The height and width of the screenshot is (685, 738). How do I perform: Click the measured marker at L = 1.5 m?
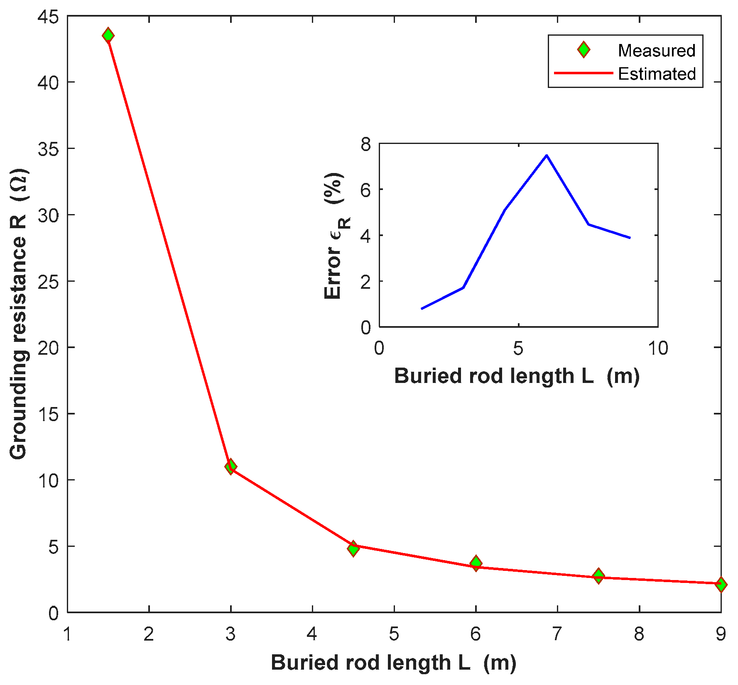pos(108,35)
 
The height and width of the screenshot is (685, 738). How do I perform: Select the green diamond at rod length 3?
pos(230,466)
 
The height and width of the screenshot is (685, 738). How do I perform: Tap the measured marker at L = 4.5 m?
pos(353,548)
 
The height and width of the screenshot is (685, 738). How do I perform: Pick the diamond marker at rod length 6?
pos(476,563)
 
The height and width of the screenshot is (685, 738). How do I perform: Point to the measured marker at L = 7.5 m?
pos(598,576)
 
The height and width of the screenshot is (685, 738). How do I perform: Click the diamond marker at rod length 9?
pos(721,585)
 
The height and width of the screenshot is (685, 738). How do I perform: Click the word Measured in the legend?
pos(656,51)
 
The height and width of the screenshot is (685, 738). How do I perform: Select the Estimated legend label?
pos(657,74)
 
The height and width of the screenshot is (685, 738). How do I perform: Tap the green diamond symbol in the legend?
pos(584,50)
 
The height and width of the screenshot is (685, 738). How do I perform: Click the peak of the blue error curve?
pos(547,155)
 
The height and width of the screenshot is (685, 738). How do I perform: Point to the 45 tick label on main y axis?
pos(48,17)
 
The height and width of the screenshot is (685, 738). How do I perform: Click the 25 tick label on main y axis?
pos(48,281)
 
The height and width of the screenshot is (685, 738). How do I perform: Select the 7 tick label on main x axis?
pos(557,634)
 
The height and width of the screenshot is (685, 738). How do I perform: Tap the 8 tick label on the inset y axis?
pos(365,144)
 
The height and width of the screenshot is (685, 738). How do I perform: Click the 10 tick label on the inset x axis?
pos(658,349)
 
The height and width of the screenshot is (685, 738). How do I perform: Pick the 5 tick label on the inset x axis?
pos(518,349)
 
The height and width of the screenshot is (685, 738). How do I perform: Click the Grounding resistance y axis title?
pos(18,314)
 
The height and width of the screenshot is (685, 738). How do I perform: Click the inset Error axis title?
pos(336,236)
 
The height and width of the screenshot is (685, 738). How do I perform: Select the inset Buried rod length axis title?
pos(517,376)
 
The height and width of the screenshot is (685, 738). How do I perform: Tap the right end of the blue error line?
pos(630,238)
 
